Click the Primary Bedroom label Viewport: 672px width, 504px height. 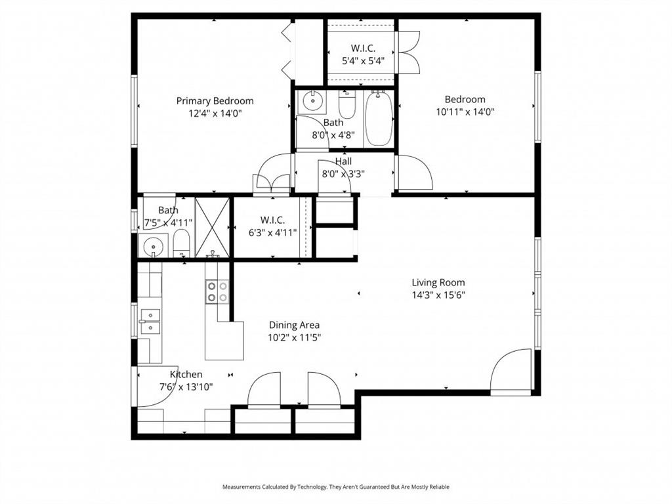click(215, 100)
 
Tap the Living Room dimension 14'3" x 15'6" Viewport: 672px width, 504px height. click(438, 295)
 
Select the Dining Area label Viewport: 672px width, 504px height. click(295, 325)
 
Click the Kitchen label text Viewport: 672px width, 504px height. click(186, 374)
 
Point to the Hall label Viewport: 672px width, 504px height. click(343, 161)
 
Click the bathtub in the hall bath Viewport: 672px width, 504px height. click(379, 119)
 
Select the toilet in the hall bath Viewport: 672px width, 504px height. click(346, 105)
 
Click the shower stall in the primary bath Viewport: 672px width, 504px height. click(212, 227)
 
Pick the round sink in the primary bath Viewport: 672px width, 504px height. click(155, 247)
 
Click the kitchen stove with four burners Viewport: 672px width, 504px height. click(217, 291)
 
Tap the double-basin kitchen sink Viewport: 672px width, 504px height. click(150, 321)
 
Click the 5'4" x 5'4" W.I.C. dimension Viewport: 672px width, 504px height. click(363, 60)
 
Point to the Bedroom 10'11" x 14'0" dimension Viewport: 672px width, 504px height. click(465, 112)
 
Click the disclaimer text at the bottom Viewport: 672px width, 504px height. click(335, 487)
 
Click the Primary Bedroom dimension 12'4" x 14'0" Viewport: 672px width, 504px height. click(215, 113)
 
